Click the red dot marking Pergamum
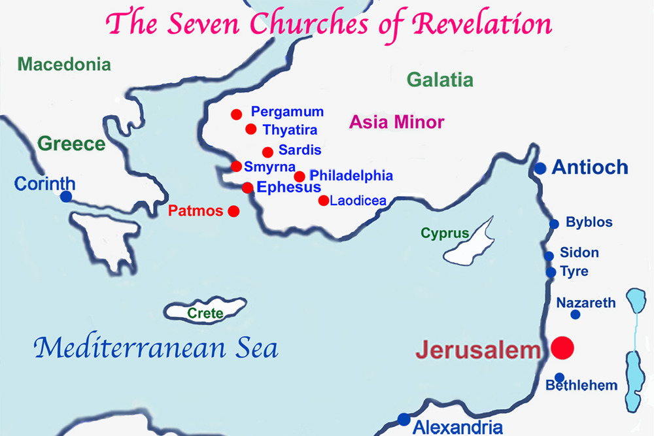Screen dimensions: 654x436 [x=236, y=114]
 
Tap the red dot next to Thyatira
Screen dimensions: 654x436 [x=250, y=129]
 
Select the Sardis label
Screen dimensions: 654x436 [x=300, y=150]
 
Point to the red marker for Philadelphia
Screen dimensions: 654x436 [x=300, y=176]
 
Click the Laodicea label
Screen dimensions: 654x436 [x=358, y=201]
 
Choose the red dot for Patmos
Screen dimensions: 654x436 [x=233, y=211]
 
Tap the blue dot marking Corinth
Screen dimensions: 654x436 [x=66, y=196]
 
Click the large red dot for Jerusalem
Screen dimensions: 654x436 [x=562, y=348]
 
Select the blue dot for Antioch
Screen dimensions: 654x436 [x=540, y=169]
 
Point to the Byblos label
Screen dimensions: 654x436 [x=589, y=222]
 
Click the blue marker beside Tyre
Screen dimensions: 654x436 [x=551, y=272]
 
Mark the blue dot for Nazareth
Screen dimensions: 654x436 [x=576, y=314]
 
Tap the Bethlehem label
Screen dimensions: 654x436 [x=581, y=386]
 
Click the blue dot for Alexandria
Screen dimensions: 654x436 [x=404, y=419]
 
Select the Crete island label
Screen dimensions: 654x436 [x=205, y=314]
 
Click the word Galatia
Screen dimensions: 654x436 [x=439, y=80]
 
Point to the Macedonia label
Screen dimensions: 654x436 [x=64, y=64]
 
